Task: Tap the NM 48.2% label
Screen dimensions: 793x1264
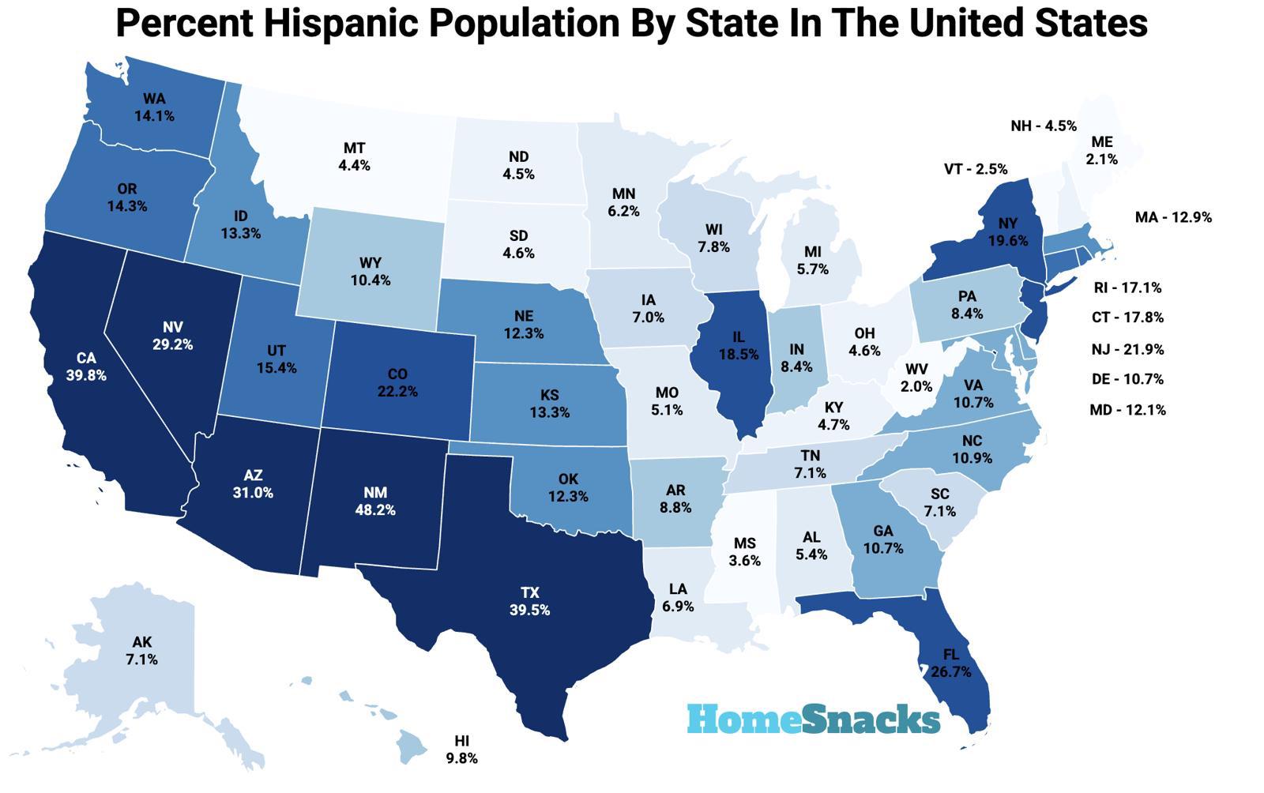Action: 375,502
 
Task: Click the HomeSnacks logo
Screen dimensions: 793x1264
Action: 814,719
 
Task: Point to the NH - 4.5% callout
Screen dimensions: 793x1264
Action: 1043,126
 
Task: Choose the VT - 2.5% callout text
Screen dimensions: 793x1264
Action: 976,169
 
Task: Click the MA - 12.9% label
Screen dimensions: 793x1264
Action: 1172,217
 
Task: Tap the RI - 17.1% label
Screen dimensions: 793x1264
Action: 1127,288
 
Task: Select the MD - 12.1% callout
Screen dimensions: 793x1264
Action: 1127,410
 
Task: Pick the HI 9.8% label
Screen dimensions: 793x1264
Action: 462,750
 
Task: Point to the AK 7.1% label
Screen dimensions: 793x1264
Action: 141,651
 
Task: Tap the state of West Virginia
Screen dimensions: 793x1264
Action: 916,378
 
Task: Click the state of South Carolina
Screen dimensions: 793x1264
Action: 939,502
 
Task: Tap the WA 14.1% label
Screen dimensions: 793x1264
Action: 154,107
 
